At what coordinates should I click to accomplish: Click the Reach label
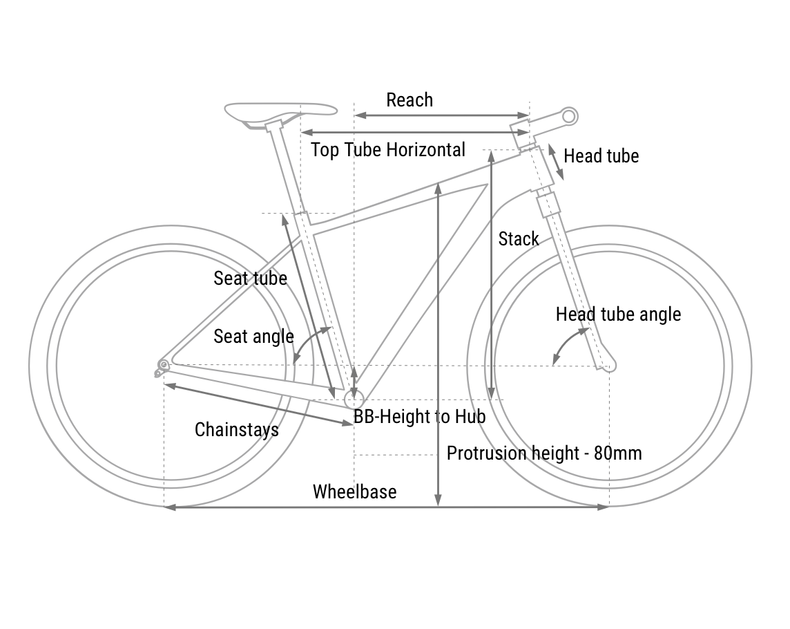[410, 100]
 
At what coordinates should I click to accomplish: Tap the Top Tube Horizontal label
[388, 150]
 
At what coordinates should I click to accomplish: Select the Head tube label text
[601, 156]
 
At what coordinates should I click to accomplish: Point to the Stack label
[518, 239]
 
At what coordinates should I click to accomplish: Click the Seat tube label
[250, 278]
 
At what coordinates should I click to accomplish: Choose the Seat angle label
[253, 337]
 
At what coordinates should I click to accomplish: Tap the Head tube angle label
[618, 314]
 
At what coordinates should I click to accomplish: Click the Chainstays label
[237, 429]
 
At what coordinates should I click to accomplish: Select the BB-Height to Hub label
[420, 417]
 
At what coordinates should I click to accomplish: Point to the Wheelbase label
[355, 491]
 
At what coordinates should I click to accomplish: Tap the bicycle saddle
[280, 111]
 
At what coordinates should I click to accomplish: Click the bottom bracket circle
[354, 399]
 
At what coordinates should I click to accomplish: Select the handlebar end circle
[569, 115]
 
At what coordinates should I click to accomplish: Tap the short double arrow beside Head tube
[557, 162]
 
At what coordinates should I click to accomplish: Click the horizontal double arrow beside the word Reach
[442, 115]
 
